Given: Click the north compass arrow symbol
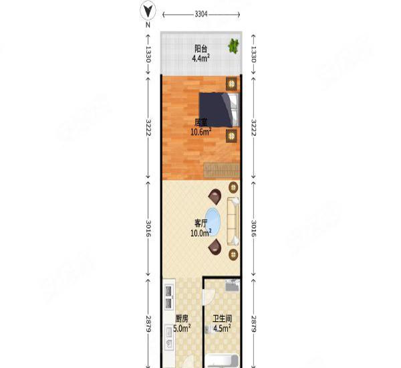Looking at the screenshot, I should [x=148, y=11].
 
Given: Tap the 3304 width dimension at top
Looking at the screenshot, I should [x=200, y=13].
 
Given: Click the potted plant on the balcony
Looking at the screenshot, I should [x=233, y=46].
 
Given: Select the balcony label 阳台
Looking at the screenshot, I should [x=200, y=48].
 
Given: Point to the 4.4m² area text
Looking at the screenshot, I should [x=201, y=58].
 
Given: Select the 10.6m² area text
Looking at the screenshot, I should [x=201, y=132].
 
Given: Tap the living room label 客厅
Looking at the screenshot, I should [x=200, y=223].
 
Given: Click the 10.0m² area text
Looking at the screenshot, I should [x=200, y=233].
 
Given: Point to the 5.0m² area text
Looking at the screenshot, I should [x=182, y=329].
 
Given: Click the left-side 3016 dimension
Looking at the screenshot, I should [x=147, y=229].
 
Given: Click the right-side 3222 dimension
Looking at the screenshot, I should [x=254, y=128].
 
